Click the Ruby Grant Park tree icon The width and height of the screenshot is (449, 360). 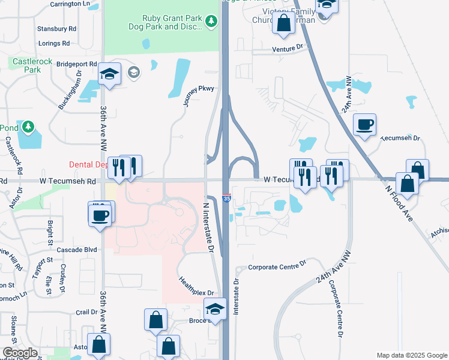(211, 22)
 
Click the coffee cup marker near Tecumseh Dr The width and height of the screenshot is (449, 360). (364, 125)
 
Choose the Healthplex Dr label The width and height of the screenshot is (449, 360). (196, 284)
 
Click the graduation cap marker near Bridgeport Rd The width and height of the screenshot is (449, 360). (109, 74)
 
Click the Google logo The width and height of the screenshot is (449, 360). (20, 353)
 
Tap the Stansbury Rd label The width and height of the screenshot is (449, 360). (57, 28)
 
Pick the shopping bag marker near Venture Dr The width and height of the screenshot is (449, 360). (283, 23)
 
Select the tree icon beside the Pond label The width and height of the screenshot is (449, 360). (28, 127)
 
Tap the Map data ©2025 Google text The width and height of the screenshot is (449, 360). (411, 355)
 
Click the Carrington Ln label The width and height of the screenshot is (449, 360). (74, 4)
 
